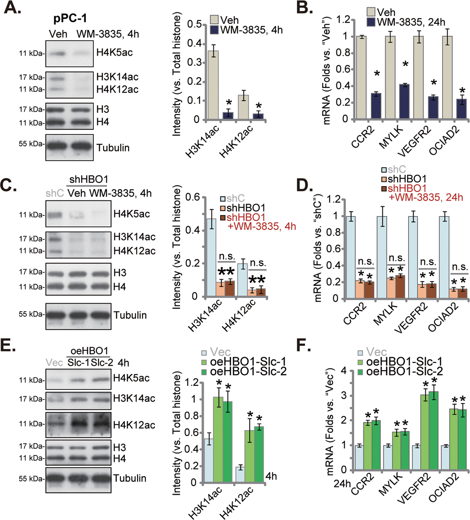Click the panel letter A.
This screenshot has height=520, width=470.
tap(12, 8)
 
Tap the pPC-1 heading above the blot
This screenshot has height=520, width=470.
tap(70, 18)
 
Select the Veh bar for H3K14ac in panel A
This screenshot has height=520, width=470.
tap(213, 85)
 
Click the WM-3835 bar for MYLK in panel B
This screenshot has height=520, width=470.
tap(404, 102)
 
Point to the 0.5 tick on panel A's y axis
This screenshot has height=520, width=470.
tap(194, 24)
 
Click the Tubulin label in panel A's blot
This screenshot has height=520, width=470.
tap(113, 148)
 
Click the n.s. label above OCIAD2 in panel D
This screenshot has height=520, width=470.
tap(460, 267)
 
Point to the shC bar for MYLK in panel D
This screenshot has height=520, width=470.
tap(382, 257)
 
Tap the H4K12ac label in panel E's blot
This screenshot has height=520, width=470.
tap(134, 425)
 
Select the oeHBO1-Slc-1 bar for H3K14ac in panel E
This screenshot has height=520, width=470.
tap(218, 440)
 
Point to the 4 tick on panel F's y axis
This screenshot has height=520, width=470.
tap(344, 371)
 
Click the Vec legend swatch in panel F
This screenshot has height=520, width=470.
tap(361, 352)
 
